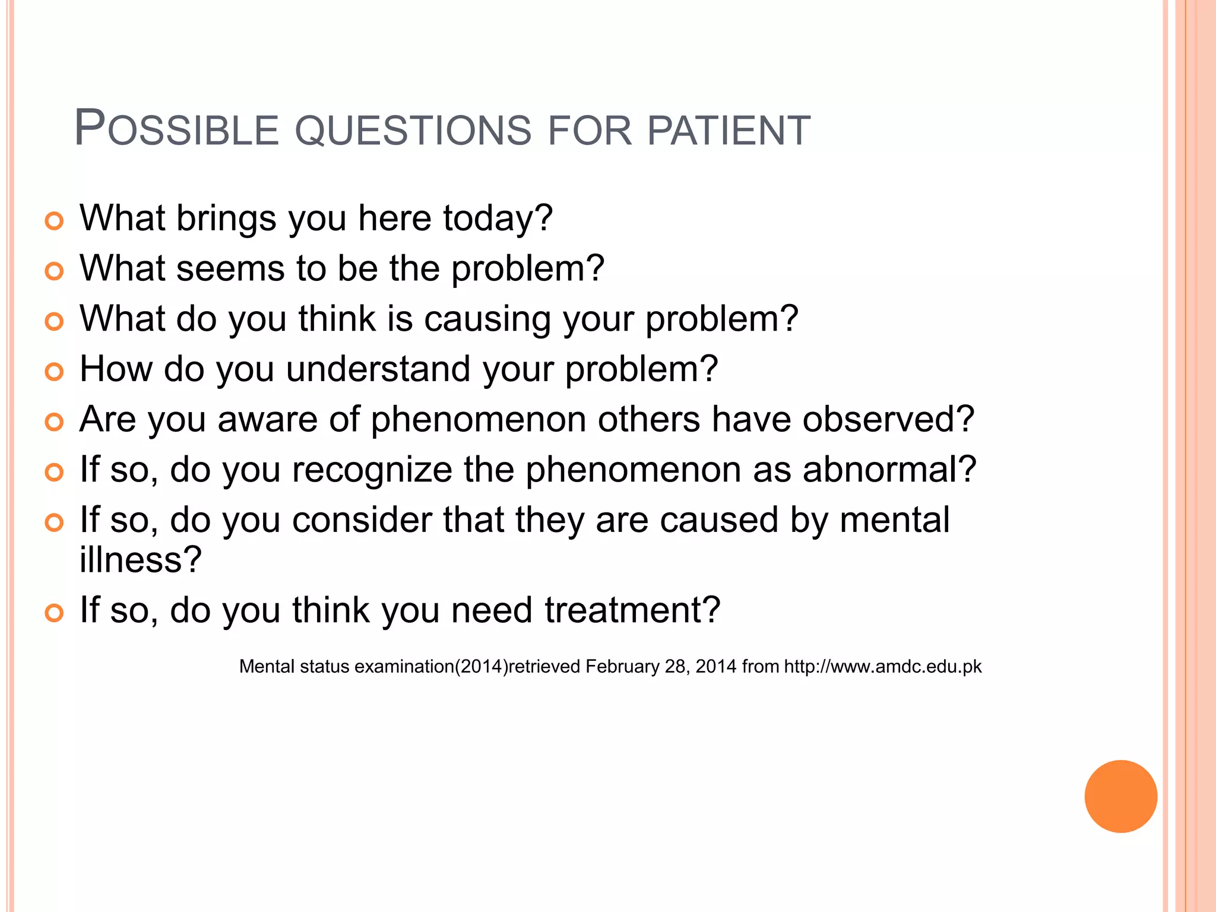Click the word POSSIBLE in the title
click(176, 129)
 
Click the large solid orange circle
click(1120, 796)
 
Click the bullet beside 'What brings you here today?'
click(54, 221)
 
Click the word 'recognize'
click(372, 470)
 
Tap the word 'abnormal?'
click(889, 470)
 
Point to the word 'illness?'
click(141, 559)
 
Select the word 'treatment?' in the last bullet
click(632, 610)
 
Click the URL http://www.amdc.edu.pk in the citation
click(883, 667)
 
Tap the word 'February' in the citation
click(622, 667)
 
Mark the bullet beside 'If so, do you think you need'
click(54, 613)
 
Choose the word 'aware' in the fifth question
click(267, 419)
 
